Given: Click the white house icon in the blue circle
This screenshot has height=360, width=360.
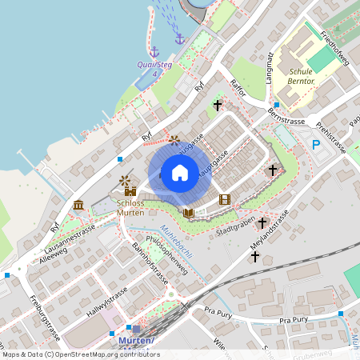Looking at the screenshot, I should pos(179,173).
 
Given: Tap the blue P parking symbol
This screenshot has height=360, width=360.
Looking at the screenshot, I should pos(316,145).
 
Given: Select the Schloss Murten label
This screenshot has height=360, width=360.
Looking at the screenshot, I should pos(130,207).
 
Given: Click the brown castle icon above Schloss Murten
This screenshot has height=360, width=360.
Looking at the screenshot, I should pos(130,191).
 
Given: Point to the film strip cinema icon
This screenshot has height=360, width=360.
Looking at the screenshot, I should pos(224,199).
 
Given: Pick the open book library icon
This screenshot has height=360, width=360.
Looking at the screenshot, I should pos(189,213).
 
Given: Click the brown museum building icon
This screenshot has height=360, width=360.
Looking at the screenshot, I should pos(78,206).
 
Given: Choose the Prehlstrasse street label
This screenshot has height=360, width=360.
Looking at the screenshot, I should pos(330,137).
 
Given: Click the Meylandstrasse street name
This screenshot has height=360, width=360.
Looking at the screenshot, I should pos(268,232).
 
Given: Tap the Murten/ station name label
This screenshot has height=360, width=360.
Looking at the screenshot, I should pos(136,341).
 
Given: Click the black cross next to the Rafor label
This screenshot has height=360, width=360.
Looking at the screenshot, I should pos(218,105).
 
